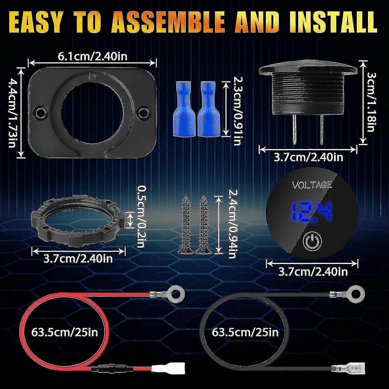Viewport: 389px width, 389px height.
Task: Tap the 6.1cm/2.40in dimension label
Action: (92, 56)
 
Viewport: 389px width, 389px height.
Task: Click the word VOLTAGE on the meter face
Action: (312, 185)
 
